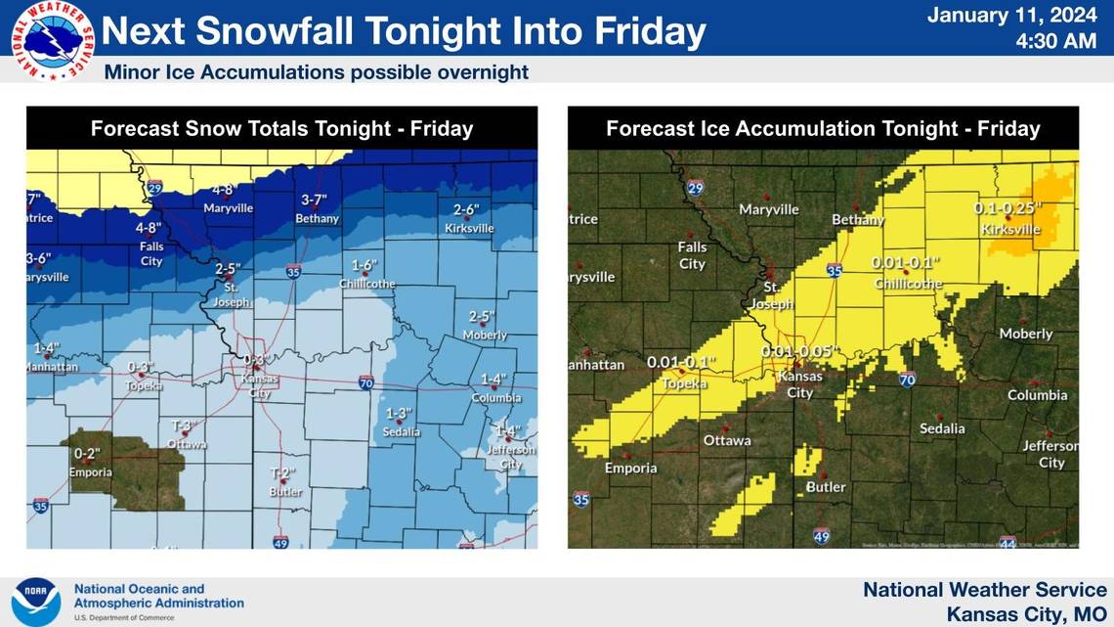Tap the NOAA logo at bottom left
[36, 602]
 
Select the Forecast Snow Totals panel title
[281, 128]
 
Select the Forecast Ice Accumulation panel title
[823, 128]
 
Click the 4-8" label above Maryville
[223, 191]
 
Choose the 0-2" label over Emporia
[87, 454]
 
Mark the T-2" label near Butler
[282, 473]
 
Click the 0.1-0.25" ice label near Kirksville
[1007, 208]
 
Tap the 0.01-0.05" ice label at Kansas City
[800, 351]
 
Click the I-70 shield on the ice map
[906, 380]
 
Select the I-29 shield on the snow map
[154, 187]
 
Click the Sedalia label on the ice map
[942, 428]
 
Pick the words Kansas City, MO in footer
[1026, 614]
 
